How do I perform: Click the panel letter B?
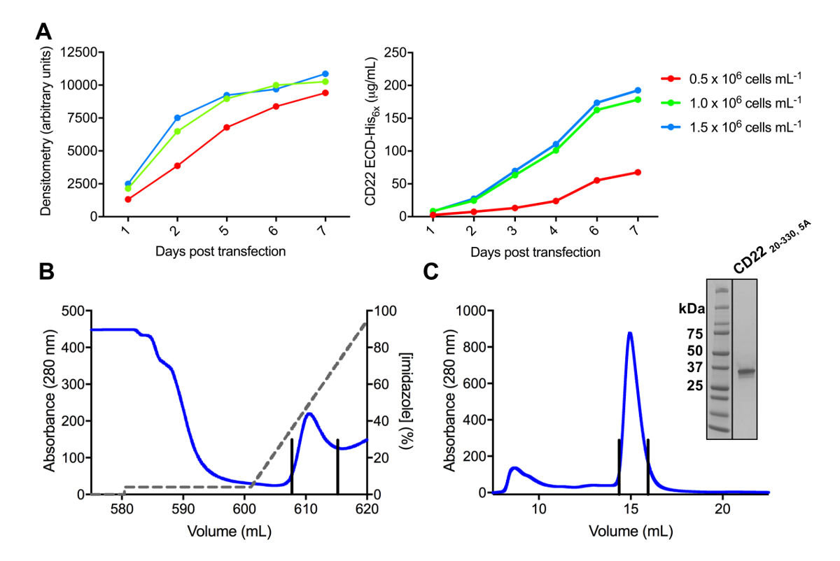pos(46,271)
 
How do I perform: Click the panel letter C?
pos(435,271)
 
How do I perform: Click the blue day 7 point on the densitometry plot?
pos(325,74)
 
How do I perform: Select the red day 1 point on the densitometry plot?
pos(128,199)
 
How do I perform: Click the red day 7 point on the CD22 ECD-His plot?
pos(637,172)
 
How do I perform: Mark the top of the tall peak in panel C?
pos(630,333)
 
